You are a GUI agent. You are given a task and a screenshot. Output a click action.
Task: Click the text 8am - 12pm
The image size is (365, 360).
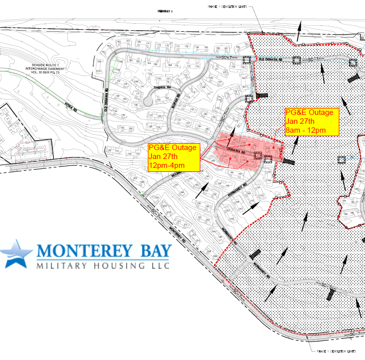[306, 130]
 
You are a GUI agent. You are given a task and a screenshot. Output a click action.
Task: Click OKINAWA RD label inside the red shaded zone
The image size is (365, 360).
[236, 147]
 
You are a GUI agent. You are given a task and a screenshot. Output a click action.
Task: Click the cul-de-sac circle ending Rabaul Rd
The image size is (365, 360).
[147, 102]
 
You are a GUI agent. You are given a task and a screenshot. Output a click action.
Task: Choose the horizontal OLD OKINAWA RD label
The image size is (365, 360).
[270, 60]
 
